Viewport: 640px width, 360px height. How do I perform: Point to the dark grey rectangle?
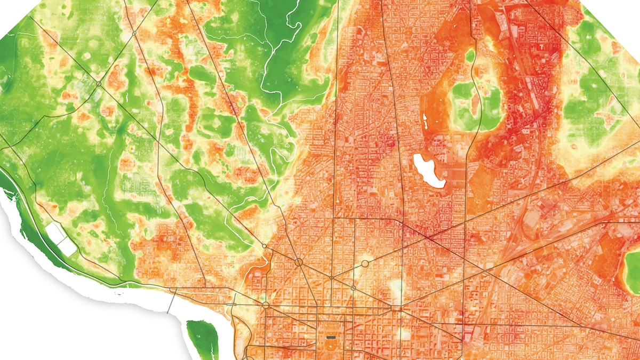(x=331, y=338)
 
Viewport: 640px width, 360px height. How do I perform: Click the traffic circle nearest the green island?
(x=265, y=305)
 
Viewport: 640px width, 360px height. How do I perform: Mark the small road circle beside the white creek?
(x=265, y=246)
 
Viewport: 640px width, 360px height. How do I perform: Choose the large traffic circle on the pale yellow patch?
(x=365, y=263)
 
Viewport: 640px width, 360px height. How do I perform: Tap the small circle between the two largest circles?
(x=331, y=278)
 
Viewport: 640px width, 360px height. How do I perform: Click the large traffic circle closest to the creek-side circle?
(x=299, y=262)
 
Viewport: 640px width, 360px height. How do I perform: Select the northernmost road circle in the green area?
(x=134, y=33)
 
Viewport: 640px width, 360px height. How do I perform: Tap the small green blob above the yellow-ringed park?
(x=470, y=55)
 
